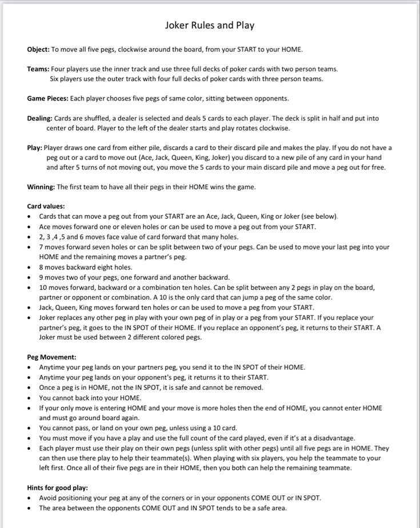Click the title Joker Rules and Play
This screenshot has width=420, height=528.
[x=210, y=25]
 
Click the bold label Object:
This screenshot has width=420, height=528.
[x=38, y=49]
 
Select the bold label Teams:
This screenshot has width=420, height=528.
[x=38, y=68]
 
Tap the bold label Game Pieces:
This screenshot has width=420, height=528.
[x=47, y=98]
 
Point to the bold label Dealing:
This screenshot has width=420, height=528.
[x=39, y=118]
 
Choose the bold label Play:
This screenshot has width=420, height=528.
[x=34, y=147]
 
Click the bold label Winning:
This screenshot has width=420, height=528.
[x=41, y=187]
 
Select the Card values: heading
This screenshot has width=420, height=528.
[x=46, y=206]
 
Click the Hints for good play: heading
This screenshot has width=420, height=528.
[x=57, y=487]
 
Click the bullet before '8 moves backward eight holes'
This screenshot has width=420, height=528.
[x=29, y=267]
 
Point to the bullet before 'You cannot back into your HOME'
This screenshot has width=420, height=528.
[x=29, y=398]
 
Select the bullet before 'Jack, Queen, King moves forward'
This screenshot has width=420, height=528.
[x=29, y=307]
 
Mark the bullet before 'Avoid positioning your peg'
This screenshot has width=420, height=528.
[x=29, y=498]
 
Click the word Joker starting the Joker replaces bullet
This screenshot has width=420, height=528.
[x=48, y=317]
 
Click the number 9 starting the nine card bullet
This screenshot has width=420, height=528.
[x=41, y=277]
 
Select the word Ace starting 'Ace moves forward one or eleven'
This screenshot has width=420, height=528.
[x=45, y=227]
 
